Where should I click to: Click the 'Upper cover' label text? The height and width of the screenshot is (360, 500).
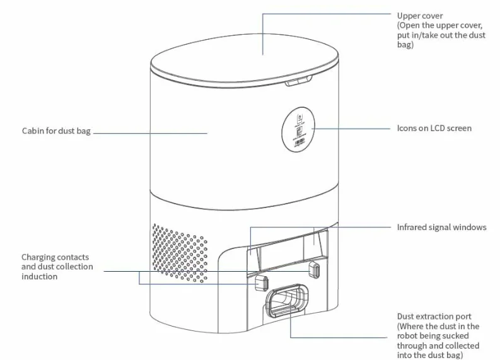420,15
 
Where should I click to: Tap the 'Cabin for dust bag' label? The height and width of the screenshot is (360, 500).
56,132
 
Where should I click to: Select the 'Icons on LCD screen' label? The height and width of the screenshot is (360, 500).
434,128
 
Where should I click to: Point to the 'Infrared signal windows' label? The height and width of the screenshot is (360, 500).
441,227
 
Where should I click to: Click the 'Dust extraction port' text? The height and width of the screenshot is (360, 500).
434,316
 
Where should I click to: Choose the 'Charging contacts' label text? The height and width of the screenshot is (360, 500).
55,257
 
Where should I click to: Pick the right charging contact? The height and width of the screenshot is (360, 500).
315,270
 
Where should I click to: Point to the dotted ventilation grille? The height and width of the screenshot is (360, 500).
180,252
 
